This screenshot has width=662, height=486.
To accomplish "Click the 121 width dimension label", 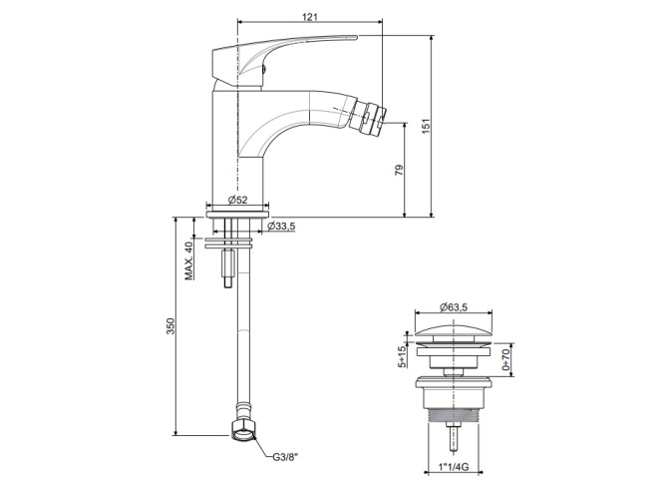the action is (x=309, y=17).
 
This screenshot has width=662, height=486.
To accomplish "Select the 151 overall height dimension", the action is (x=427, y=126).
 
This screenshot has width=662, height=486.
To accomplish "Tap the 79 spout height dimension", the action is (x=399, y=170).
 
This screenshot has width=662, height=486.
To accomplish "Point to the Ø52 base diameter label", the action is (x=237, y=200).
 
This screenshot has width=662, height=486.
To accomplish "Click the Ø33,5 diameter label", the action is (x=281, y=227).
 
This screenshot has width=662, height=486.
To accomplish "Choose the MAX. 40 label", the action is (x=188, y=260).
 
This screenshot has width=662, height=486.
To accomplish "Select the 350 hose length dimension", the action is (x=169, y=326).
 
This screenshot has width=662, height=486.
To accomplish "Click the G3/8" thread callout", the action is (x=285, y=457).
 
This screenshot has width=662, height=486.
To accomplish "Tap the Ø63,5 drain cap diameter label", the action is (x=454, y=307).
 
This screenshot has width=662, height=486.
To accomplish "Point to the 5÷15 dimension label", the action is (x=402, y=356).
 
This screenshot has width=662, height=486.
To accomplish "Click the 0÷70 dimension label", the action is (x=505, y=359).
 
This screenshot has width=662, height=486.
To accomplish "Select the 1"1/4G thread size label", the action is (x=454, y=467).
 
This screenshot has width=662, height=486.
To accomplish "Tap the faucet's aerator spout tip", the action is (x=369, y=114).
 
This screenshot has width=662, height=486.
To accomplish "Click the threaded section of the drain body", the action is (x=454, y=416).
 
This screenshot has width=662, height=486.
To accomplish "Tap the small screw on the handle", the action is (x=264, y=69).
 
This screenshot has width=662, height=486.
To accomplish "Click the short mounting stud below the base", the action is (x=228, y=267).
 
